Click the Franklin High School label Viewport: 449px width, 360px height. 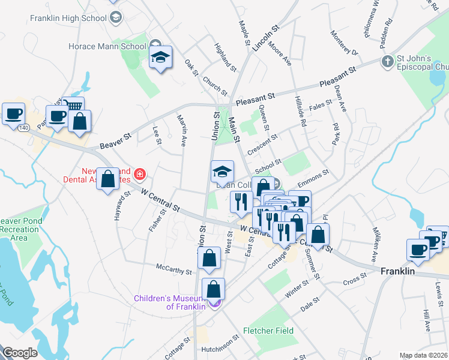click(68, 18)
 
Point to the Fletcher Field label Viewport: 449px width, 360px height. click(268, 331)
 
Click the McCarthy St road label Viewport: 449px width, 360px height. click(173, 268)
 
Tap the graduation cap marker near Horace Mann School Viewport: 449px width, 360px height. click(160, 57)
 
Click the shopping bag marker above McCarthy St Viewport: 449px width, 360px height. click(209, 259)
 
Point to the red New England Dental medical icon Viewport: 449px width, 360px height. click(140, 175)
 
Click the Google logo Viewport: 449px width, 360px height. click(20, 353)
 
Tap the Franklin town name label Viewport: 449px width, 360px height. click(397, 271)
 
